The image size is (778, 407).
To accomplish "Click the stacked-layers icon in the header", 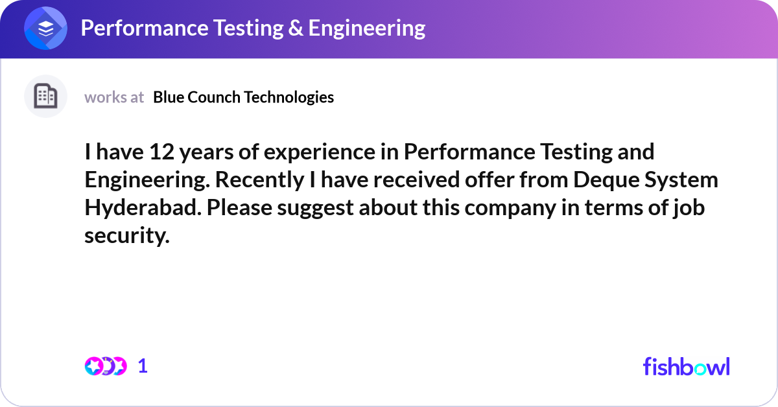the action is point(45,28).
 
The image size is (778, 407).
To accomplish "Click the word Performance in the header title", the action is point(145,28).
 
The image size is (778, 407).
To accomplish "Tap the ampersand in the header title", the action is point(296,28).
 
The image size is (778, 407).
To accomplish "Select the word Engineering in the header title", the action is point(367,29).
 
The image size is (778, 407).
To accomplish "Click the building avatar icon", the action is point(45,96).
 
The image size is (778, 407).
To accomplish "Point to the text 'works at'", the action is point(114,97).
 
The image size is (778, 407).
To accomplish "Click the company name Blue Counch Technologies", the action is point(244,97).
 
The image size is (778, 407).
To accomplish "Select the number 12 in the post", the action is point(161,152).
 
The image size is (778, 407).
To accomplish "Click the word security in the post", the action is point(127,236).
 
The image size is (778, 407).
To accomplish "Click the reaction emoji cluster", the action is point(106,366).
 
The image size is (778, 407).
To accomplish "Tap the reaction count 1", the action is point(143,366).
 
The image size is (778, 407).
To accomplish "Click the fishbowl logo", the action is point(687,367).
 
